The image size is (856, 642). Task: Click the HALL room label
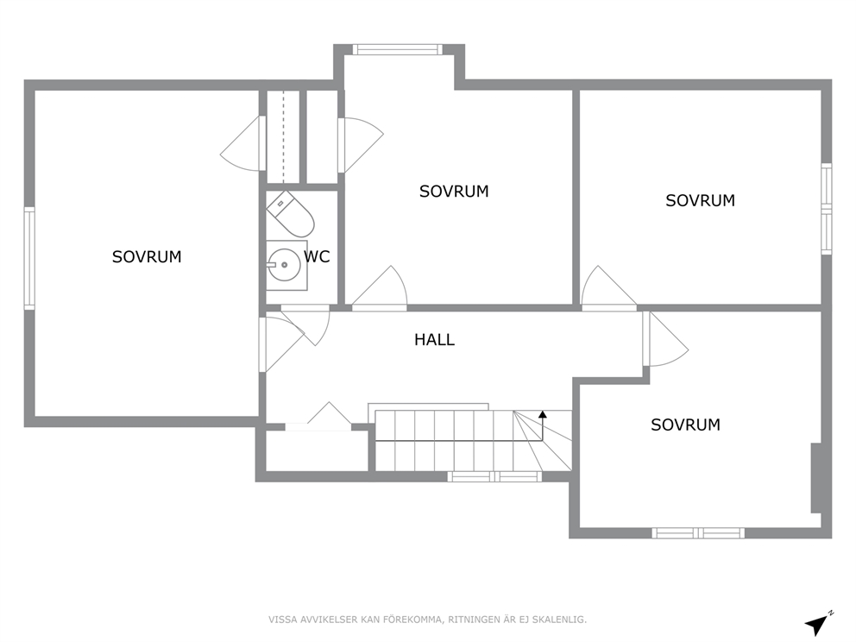[x=434, y=340]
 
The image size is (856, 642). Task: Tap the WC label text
[x=318, y=256]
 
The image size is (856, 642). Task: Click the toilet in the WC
[x=290, y=215]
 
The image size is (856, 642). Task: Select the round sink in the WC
[x=284, y=265]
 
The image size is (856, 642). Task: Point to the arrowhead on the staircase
[x=542, y=414]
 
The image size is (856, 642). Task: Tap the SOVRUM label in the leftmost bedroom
[x=147, y=256]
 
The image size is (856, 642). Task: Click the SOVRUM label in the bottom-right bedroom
[x=685, y=425]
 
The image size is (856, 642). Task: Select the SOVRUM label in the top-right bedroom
[x=700, y=200]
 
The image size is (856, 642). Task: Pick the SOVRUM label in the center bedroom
[x=454, y=191]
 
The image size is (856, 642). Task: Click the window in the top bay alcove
[x=397, y=50]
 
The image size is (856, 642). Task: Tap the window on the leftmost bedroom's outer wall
[x=29, y=258]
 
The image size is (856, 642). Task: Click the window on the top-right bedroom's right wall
[x=827, y=208]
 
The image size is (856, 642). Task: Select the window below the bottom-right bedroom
[x=698, y=532]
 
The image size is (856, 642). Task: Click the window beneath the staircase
[x=494, y=476]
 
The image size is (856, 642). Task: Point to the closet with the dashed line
[x=283, y=136]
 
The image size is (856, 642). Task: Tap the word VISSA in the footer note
[x=282, y=620]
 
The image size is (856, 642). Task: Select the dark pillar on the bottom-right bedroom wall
[x=816, y=478]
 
